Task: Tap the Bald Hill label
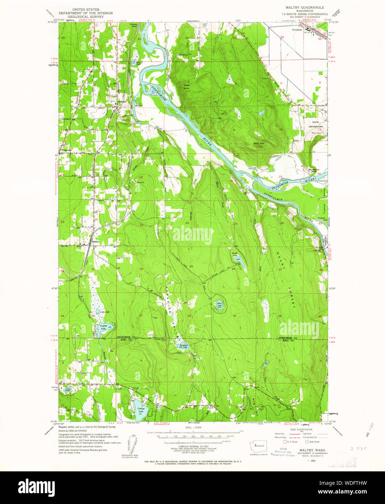coord(258,144)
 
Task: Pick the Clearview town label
coord(67,150)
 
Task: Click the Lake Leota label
coord(68,390)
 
